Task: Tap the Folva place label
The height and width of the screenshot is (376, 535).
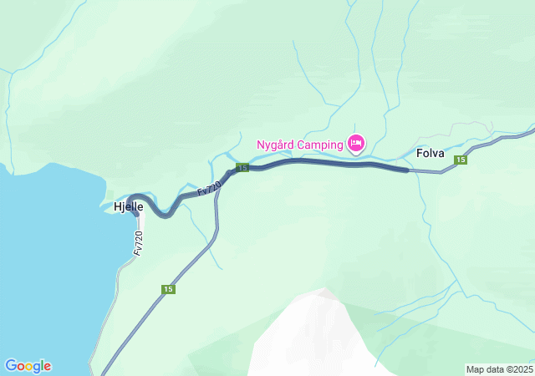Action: click(x=431, y=153)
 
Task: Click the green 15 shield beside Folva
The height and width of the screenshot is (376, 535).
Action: click(x=460, y=160)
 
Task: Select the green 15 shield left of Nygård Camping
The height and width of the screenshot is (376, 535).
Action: click(x=242, y=168)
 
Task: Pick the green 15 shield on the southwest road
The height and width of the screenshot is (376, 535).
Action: click(x=168, y=289)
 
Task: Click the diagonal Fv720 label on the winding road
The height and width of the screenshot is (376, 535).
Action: click(x=210, y=189)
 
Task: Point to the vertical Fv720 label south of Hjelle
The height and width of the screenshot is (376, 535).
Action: click(x=138, y=243)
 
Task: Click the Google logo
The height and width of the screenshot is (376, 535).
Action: click(x=28, y=366)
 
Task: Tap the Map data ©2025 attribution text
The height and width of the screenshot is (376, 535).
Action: click(x=498, y=369)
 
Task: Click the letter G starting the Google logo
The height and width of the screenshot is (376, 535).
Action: click(x=11, y=365)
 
